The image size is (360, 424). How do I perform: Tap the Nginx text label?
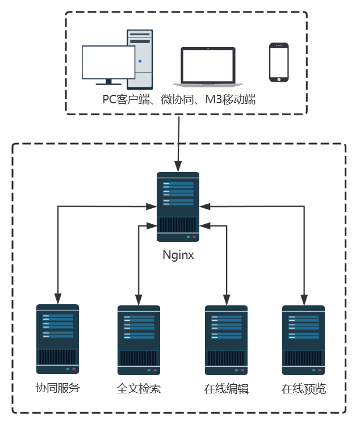pos(178,255)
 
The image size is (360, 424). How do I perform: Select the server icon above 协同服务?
pos(57,339)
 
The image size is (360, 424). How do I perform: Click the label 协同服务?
pos(57,389)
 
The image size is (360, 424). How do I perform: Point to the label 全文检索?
pos(139,390)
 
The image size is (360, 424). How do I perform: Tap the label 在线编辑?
pos(226,390)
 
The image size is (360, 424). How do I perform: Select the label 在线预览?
pos(304,390)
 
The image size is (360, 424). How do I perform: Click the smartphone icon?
pos(279,62)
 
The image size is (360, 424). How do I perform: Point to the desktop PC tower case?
pos(140,59)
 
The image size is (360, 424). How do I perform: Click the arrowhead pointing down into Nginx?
pos(179,167)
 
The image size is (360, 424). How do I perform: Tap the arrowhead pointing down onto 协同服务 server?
pos(57,299)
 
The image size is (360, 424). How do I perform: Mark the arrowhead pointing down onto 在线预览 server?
pos(304,299)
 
